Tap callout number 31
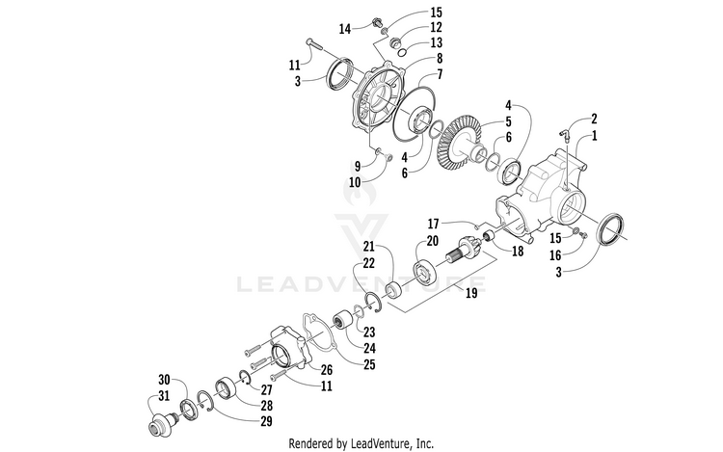pos(164,396)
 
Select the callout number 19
pos(471,293)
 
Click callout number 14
pos(345,29)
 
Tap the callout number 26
pos(327,370)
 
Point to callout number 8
pos(440,59)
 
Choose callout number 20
pos(433,241)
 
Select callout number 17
pos(433,225)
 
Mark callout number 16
pos(555,255)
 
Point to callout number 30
pos(164,380)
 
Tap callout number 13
pos(436,42)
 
